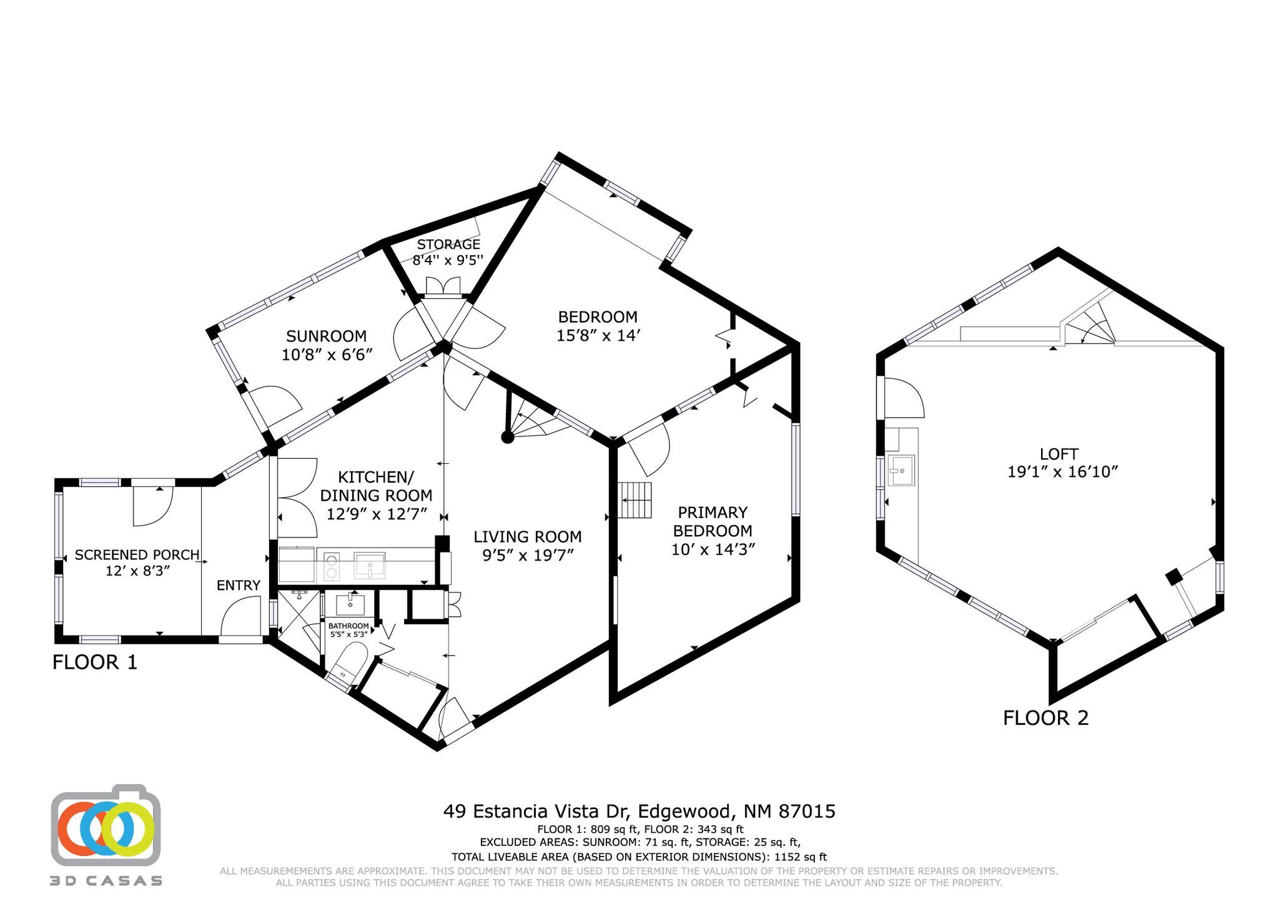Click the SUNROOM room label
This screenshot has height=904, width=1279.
click(x=326, y=337)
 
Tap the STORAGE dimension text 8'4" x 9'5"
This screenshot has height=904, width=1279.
click(x=448, y=260)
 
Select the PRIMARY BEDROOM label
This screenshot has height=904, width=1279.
click(x=713, y=521)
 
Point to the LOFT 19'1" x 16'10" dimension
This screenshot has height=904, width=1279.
click(x=1062, y=472)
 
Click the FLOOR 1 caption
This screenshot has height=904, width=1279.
click(x=95, y=662)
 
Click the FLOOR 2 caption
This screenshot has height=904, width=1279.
click(x=1045, y=718)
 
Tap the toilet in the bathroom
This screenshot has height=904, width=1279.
click(x=347, y=664)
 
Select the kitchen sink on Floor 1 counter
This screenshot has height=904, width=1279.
click(x=369, y=566)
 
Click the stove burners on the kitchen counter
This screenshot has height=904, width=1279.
click(x=332, y=566)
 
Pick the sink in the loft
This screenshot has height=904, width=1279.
click(x=901, y=470)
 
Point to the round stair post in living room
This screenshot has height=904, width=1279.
click(x=508, y=437)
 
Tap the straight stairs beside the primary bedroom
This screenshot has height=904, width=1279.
click(x=636, y=500)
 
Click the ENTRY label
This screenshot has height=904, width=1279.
click(x=238, y=586)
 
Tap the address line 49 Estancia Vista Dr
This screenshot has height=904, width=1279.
click(x=639, y=811)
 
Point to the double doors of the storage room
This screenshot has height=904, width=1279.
click(x=442, y=286)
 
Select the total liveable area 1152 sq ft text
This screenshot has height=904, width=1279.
click(x=639, y=857)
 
